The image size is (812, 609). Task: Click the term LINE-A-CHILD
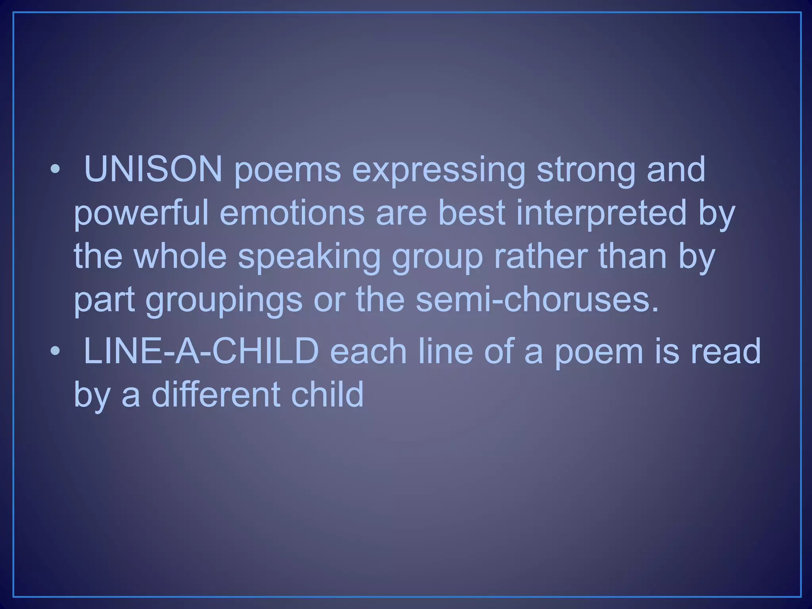[201, 351]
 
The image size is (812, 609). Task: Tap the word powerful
[141, 213]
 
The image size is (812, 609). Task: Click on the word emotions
[291, 213]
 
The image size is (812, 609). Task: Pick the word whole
[180, 257]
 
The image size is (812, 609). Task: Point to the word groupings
[224, 301]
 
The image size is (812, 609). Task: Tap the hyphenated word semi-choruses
[536, 300]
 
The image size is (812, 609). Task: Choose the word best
[472, 213]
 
